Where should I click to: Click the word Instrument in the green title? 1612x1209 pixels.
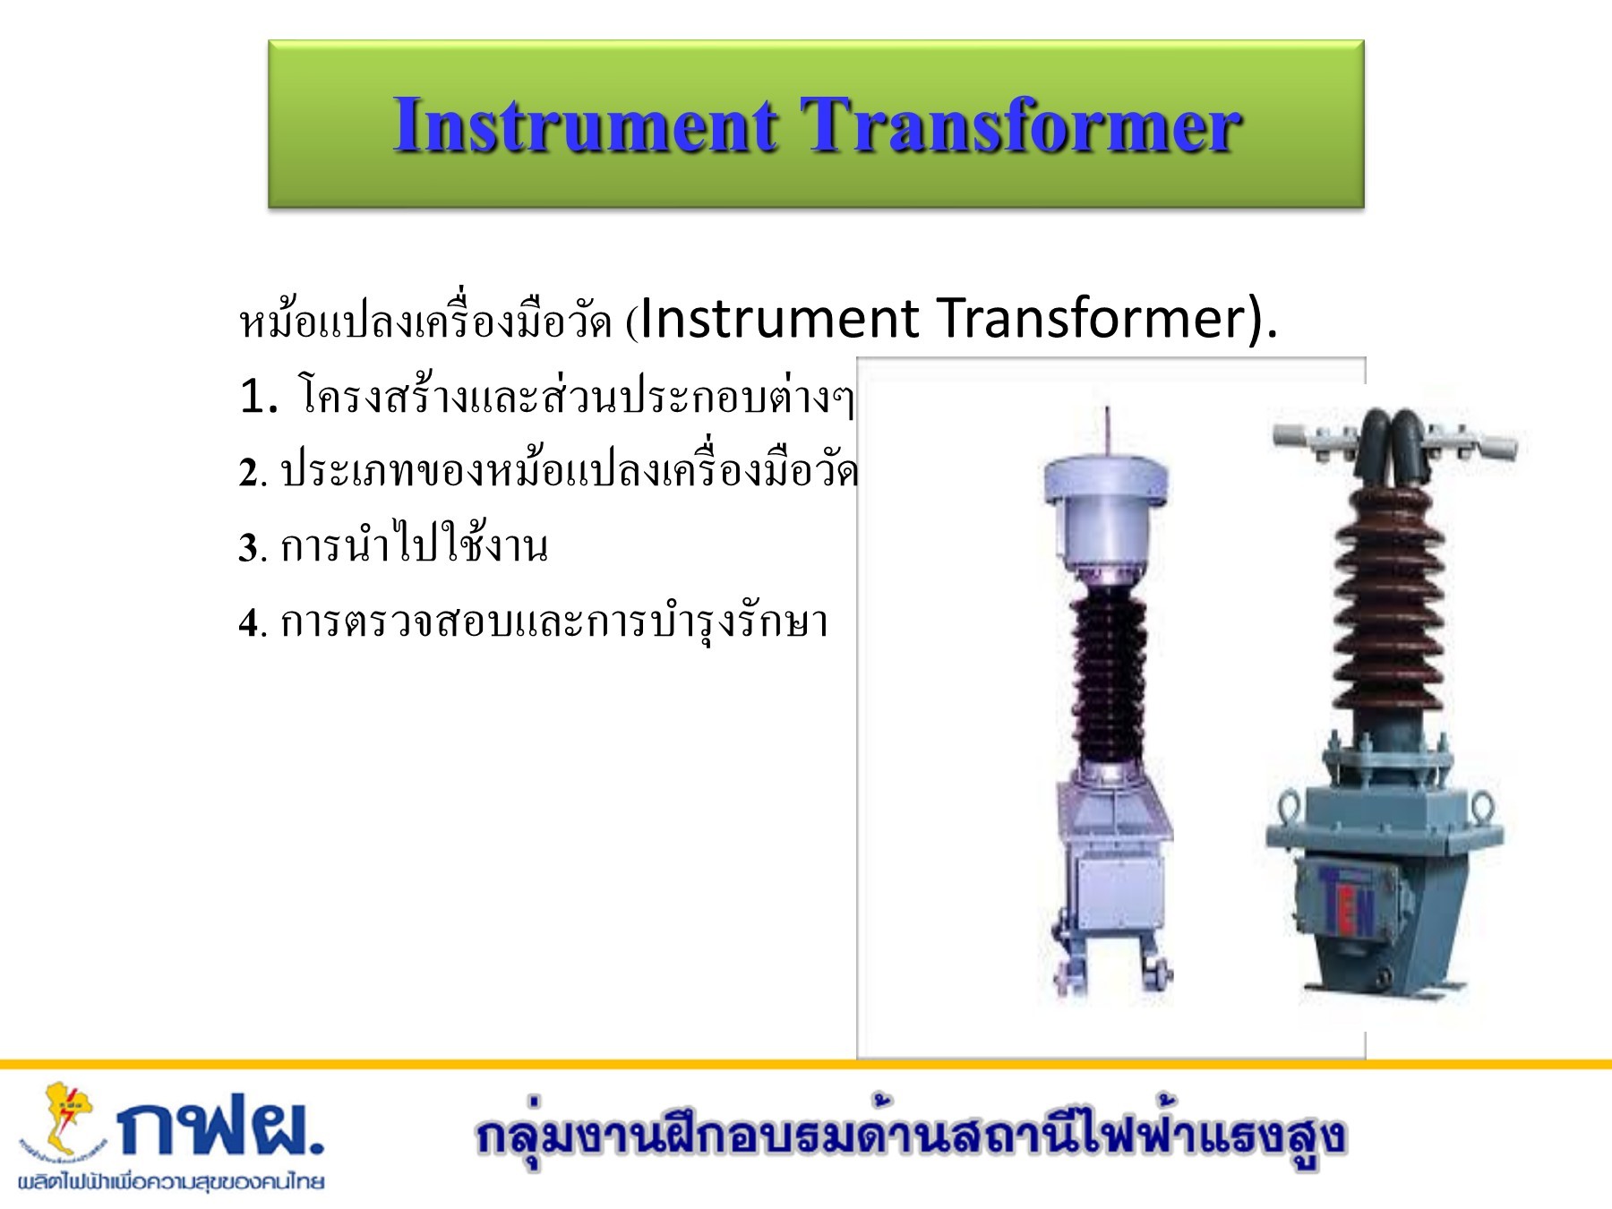585,125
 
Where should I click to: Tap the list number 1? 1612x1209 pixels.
259,396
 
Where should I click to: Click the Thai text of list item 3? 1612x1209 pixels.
414,545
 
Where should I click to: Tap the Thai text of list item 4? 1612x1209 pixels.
554,622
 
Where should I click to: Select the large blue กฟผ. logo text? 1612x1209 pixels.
221,1130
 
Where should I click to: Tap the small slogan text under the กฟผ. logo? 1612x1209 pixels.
170,1181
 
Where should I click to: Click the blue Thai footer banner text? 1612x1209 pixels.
911,1136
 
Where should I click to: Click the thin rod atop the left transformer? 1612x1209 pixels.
1108,431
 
